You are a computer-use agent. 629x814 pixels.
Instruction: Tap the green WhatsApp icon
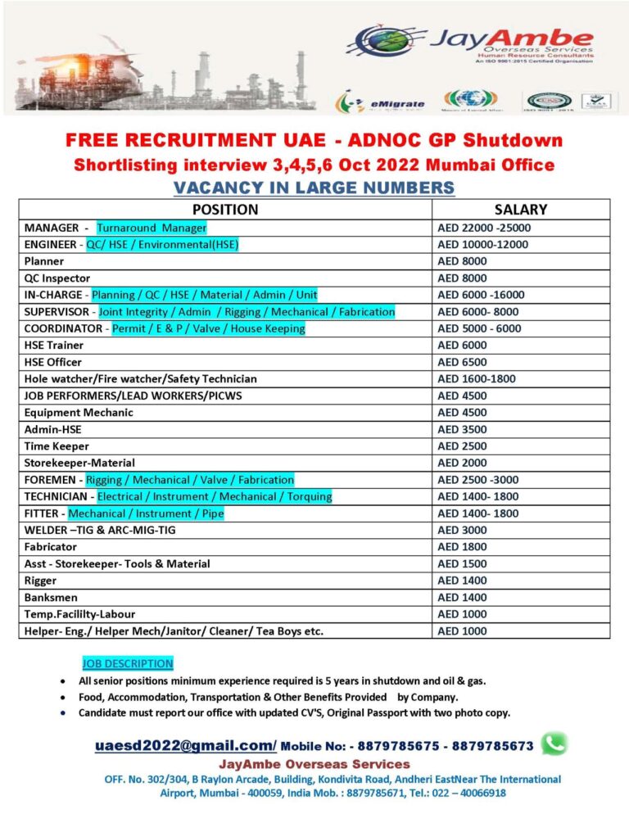pyautogui.click(x=554, y=743)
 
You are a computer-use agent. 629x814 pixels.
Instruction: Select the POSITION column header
pyautogui.click(x=224, y=210)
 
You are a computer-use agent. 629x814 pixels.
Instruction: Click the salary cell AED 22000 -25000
pyautogui.click(x=483, y=228)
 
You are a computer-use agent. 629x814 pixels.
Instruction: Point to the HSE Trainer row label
pyautogui.click(x=54, y=346)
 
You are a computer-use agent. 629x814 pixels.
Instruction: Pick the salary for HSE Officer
pyautogui.click(x=462, y=362)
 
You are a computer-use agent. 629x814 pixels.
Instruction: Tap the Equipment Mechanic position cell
pyautogui.click(x=79, y=413)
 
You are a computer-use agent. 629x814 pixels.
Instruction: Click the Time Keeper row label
pyautogui.click(x=57, y=446)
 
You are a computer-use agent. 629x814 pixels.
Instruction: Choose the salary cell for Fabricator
pyautogui.click(x=462, y=547)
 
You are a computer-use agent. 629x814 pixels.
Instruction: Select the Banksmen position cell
pyautogui.click(x=51, y=598)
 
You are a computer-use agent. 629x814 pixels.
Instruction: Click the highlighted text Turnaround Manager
pyautogui.click(x=152, y=228)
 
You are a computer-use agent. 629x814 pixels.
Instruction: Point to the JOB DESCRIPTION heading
pyautogui.click(x=127, y=663)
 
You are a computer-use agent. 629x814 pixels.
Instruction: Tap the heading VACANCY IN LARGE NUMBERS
pyautogui.click(x=314, y=188)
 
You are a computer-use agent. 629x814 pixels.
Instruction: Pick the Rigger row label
pyautogui.click(x=41, y=581)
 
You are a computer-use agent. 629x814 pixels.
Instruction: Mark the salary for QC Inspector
pyautogui.click(x=462, y=278)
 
